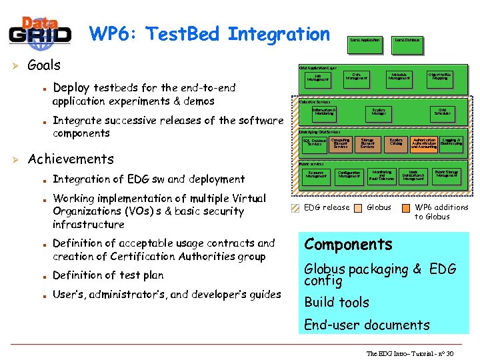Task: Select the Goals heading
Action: tap(44, 65)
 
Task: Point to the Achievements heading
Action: tap(71, 159)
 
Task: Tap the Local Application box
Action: tap(365, 40)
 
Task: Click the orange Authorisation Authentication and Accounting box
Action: tap(424, 143)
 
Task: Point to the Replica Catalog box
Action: tap(396, 143)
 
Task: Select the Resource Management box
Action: tap(316, 175)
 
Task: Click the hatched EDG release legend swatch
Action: tap(296, 207)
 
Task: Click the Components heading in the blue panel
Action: tap(348, 244)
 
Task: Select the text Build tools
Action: tap(336, 302)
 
